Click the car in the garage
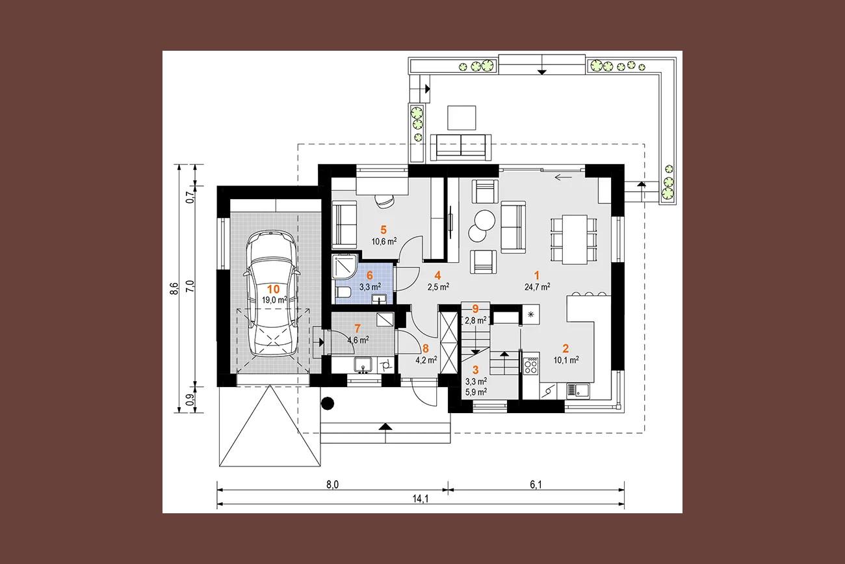click(271, 293)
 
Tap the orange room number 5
click(383, 230)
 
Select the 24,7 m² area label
click(537, 287)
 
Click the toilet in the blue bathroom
click(343, 292)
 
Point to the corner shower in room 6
click(344, 267)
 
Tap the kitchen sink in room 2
click(578, 391)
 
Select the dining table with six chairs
click(574, 239)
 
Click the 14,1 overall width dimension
click(421, 499)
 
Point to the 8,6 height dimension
click(174, 288)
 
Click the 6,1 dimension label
click(536, 485)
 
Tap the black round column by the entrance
click(328, 403)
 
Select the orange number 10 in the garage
click(273, 289)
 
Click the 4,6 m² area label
click(358, 340)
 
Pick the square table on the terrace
click(461, 118)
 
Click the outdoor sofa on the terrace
click(461, 147)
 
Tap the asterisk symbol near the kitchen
click(531, 314)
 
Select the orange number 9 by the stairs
click(475, 309)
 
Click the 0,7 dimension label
click(191, 197)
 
